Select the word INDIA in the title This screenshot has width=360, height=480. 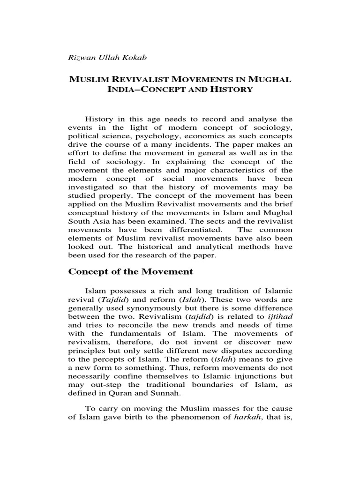point(123,89)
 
